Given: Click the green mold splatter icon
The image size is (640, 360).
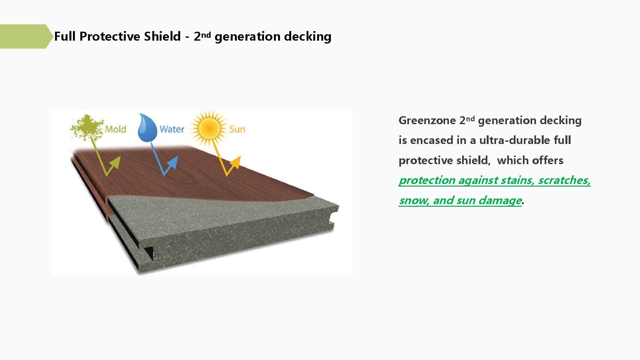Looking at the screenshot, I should click(x=86, y=127).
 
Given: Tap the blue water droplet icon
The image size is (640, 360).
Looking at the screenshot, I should click(x=147, y=128).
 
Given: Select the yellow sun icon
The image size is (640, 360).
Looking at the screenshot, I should click(x=209, y=128).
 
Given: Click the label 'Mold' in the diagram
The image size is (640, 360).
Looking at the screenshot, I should click(x=116, y=129).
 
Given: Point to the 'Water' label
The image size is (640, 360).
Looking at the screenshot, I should click(x=172, y=129).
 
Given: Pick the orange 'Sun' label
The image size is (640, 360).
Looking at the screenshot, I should click(x=237, y=129).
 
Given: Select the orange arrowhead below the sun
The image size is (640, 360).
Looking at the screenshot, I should click(x=236, y=162).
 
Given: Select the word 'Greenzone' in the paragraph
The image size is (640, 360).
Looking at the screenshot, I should click(x=427, y=121).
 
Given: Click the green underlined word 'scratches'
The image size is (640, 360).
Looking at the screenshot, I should click(x=564, y=180).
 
